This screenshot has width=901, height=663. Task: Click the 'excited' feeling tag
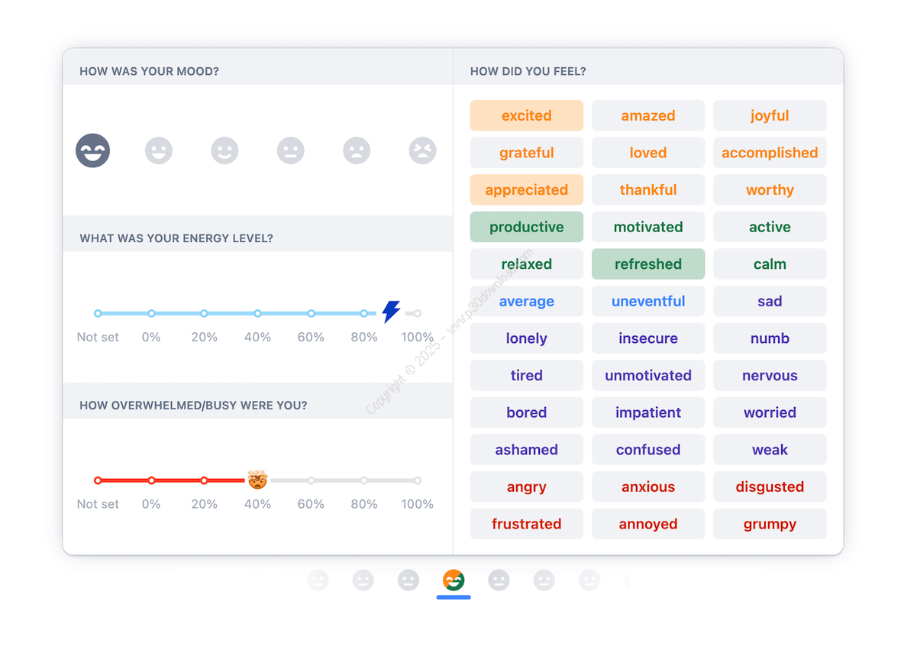[526, 115]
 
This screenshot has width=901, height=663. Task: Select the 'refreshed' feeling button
[647, 264]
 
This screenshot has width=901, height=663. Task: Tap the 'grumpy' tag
[770, 523]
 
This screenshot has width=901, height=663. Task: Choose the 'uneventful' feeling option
[647, 301]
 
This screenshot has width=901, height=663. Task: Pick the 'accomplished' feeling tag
[770, 153]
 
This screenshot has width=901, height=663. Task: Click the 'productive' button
[526, 227]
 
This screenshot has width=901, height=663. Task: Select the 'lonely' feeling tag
[526, 338]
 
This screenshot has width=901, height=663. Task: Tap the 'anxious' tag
[647, 487]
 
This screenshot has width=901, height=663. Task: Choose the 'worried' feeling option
[770, 412]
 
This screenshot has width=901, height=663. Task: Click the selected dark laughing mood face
[93, 150]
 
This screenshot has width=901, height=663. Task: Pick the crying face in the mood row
[422, 150]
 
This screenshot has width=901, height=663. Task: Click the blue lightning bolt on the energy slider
[391, 312]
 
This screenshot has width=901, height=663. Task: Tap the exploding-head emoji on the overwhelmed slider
[257, 480]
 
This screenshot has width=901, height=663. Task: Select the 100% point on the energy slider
[417, 313]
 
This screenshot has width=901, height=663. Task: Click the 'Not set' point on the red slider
[98, 480]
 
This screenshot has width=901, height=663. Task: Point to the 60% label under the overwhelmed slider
[311, 504]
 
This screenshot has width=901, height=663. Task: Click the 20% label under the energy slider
[204, 337]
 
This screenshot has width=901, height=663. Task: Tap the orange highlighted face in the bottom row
[454, 581]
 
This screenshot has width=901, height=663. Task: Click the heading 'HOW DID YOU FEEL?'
[528, 71]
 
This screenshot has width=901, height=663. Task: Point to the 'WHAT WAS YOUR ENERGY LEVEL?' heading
[176, 238]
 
